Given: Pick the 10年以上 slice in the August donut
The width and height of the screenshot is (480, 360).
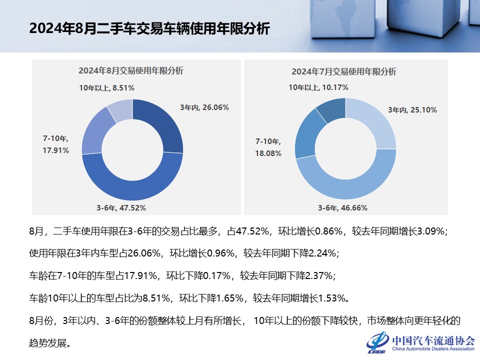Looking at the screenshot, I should (120, 110).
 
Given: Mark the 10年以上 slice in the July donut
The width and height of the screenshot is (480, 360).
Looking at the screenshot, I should (330, 110).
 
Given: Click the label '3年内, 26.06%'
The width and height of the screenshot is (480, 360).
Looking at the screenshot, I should (204, 107).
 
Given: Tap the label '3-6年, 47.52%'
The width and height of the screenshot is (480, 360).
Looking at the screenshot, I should (121, 207).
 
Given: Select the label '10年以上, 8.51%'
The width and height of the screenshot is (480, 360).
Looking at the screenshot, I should (106, 87).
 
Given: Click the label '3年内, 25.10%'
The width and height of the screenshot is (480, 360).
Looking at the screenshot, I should (412, 110).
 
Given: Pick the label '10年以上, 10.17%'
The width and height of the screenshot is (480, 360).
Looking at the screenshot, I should (318, 87).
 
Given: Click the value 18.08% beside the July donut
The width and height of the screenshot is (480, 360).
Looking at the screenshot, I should (268, 153).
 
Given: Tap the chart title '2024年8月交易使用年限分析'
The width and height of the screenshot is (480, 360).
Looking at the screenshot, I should (131, 71).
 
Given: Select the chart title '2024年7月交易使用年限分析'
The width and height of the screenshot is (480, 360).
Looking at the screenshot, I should (344, 71).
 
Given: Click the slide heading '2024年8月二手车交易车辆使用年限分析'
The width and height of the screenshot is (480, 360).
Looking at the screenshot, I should (149, 28).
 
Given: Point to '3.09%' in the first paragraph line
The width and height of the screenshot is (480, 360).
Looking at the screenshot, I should (430, 231).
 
